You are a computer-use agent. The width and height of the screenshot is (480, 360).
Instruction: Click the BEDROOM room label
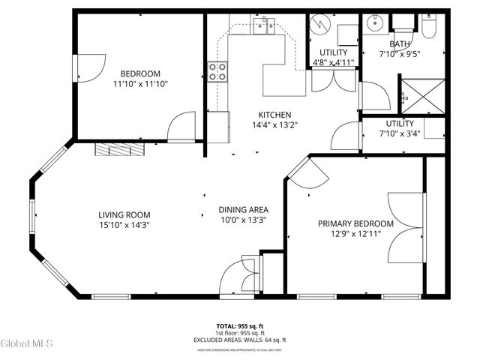pos(140,73)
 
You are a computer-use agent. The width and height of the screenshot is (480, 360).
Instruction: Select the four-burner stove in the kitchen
pos(217,73)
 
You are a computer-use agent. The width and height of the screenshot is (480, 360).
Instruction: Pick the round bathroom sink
pos(375,24)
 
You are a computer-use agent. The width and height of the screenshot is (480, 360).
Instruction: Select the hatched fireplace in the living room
pos(119,149)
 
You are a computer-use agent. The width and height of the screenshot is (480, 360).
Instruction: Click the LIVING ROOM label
pos(125,214)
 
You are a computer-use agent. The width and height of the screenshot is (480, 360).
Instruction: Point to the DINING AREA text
pos(243,209)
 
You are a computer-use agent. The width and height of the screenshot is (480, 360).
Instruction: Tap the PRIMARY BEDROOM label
pos(355,223)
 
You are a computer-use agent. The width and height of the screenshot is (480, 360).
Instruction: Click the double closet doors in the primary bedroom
pos(405,227)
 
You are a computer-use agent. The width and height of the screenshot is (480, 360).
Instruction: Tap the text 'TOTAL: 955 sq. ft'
pos(240,326)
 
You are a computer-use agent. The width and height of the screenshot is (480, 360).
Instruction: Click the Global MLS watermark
pos(26,344)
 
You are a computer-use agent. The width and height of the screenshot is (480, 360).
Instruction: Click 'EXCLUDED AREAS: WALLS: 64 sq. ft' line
pos(240,338)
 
